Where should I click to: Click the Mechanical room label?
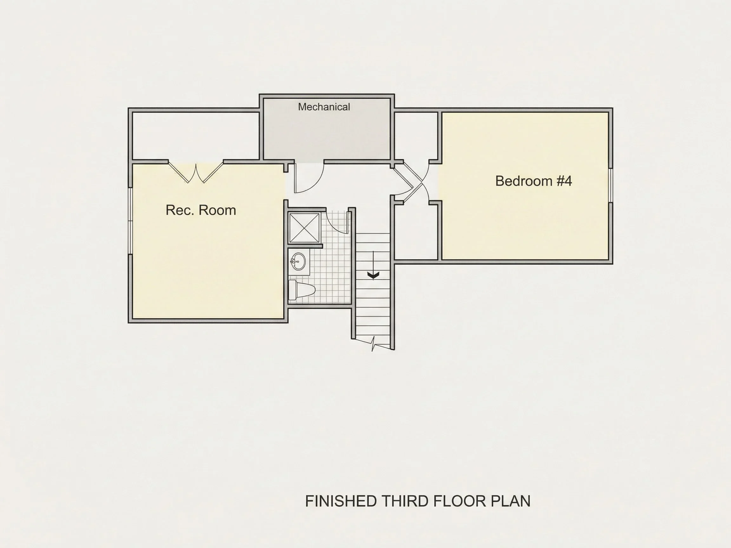[x=324, y=107]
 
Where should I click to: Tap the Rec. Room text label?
[x=201, y=210]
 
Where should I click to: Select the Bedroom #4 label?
[x=533, y=181]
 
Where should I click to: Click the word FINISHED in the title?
[x=341, y=501]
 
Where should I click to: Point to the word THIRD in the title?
[x=405, y=501]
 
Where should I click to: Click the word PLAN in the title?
[x=510, y=501]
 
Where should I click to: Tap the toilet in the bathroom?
[x=301, y=290]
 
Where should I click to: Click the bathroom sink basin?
[x=299, y=262]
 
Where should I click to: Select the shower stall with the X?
[x=304, y=228]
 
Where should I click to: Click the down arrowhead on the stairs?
[x=373, y=275]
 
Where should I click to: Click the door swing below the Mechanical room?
[x=308, y=177]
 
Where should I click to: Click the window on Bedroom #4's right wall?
[x=611, y=185]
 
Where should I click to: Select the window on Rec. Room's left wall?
[x=130, y=221]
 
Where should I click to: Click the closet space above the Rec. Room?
[x=196, y=136]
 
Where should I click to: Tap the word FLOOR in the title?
[x=460, y=501]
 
